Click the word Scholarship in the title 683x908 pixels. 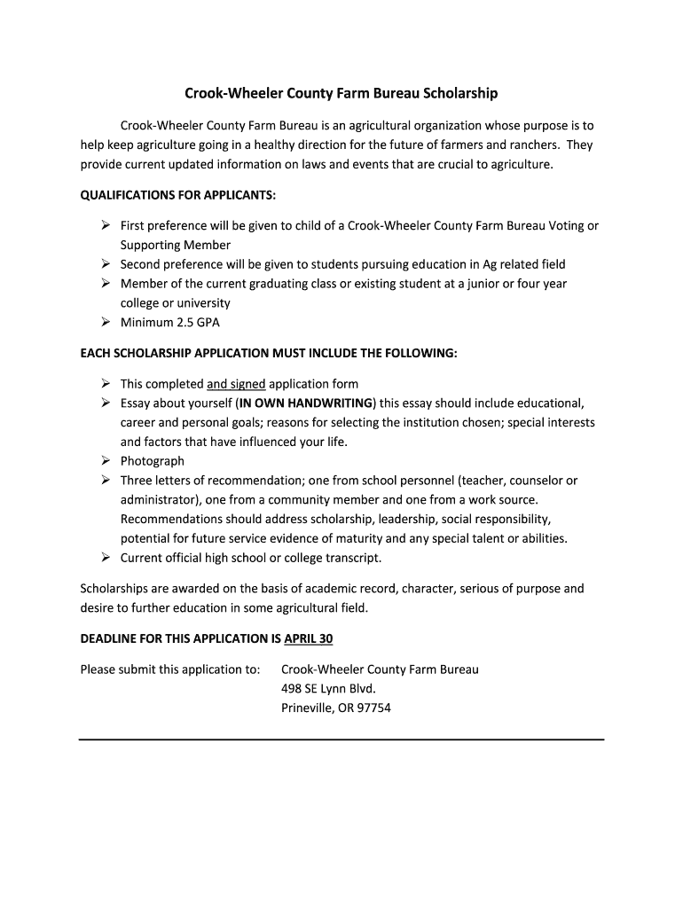(461, 93)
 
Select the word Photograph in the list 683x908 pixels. (153, 461)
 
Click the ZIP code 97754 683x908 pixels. (373, 708)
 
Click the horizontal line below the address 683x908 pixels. (341, 739)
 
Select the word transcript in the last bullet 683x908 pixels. (351, 558)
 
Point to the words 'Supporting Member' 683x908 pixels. (176, 245)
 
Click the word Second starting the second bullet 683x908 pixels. (140, 264)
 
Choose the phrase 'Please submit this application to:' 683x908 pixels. (170, 669)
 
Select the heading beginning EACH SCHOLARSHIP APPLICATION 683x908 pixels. (269, 353)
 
